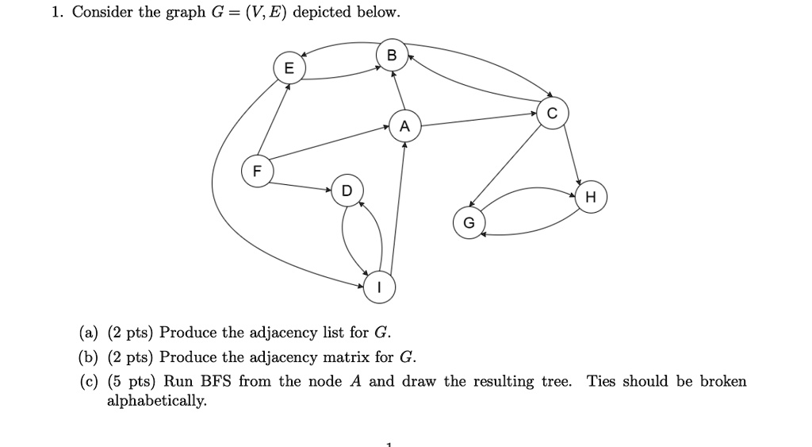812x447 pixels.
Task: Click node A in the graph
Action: (x=404, y=126)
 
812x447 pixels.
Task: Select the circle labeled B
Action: (x=390, y=56)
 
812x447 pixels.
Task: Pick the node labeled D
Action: (x=347, y=191)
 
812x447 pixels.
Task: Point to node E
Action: (x=289, y=68)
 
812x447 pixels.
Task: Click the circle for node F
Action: (x=256, y=171)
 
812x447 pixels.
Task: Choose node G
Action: (x=468, y=223)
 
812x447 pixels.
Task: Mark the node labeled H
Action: (x=591, y=196)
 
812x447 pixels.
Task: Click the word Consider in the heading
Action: (x=101, y=13)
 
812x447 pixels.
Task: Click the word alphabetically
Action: (x=156, y=401)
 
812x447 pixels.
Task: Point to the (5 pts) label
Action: (x=132, y=381)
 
